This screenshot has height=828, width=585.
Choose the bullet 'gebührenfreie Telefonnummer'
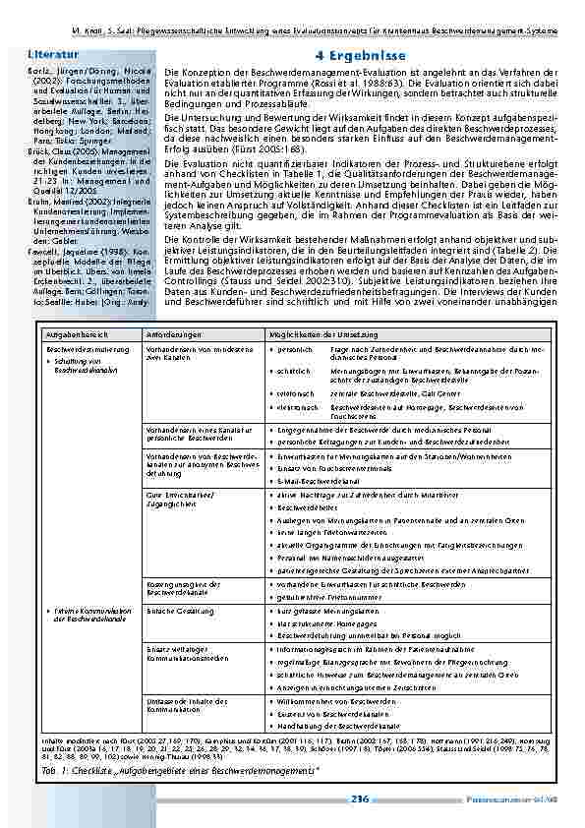point(322,596)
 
